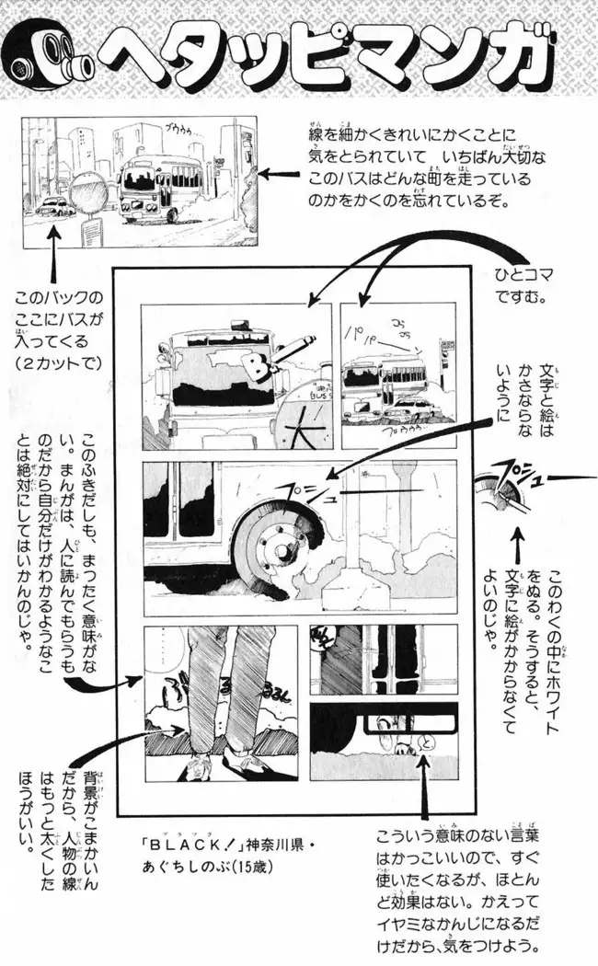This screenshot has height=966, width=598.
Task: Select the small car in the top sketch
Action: [x=58, y=205]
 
